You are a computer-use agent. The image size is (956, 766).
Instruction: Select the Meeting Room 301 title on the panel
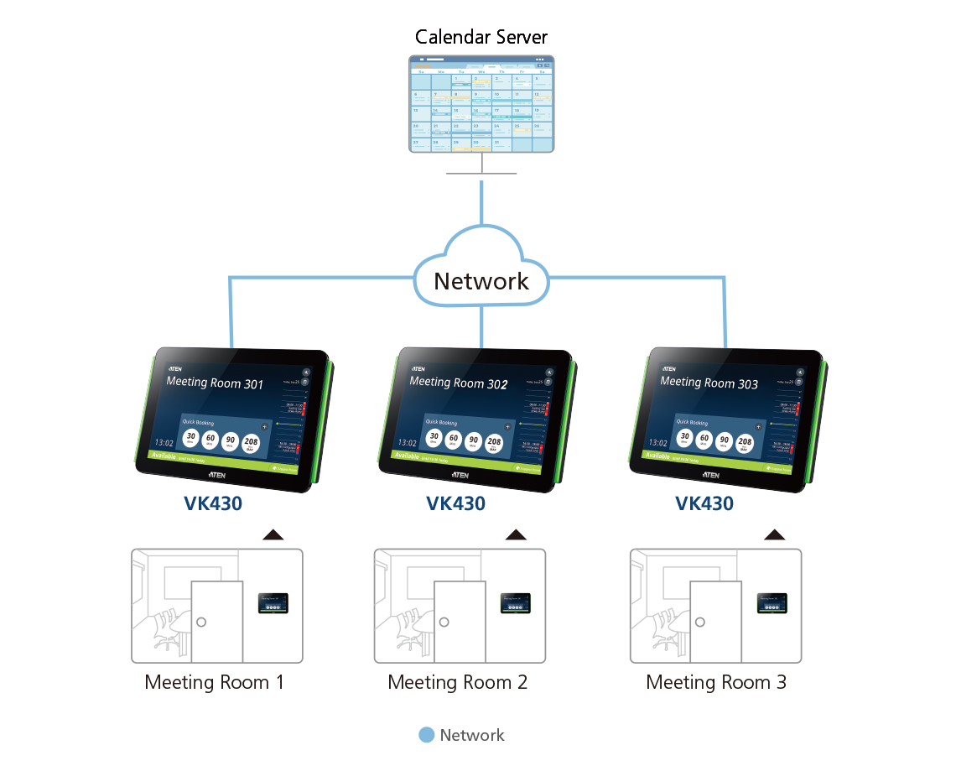tap(215, 383)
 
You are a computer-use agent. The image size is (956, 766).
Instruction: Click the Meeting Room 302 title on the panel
tap(458, 383)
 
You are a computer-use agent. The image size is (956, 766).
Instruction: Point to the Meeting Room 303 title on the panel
tap(709, 383)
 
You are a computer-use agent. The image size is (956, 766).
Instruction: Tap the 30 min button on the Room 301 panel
tap(191, 439)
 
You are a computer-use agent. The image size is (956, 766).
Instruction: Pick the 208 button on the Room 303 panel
tap(744, 442)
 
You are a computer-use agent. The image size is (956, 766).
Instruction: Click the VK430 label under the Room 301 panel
tap(213, 503)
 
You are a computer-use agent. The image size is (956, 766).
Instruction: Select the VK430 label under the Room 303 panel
tap(704, 503)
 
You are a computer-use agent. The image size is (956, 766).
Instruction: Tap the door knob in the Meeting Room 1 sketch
tap(201, 623)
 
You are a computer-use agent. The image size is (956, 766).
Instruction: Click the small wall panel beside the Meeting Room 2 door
tap(516, 602)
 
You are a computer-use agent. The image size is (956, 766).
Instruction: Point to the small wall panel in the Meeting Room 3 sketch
tap(772, 602)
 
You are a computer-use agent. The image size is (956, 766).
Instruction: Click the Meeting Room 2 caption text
tap(458, 682)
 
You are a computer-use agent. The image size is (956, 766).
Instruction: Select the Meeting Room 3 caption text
tap(716, 682)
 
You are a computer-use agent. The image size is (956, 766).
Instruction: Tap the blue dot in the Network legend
tap(427, 735)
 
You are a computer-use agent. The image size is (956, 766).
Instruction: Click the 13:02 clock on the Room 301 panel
tap(164, 442)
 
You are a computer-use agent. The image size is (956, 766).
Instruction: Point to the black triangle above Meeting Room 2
tap(517, 534)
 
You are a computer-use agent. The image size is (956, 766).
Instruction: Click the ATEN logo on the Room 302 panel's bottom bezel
tap(460, 475)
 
